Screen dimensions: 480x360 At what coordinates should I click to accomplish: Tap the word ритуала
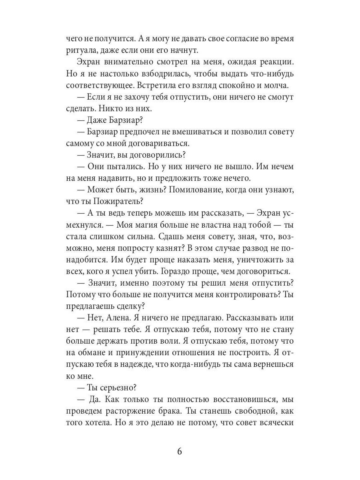click(80, 51)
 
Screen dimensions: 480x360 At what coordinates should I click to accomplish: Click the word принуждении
click(145, 352)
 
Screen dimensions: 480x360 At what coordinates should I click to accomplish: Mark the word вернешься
click(271, 364)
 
